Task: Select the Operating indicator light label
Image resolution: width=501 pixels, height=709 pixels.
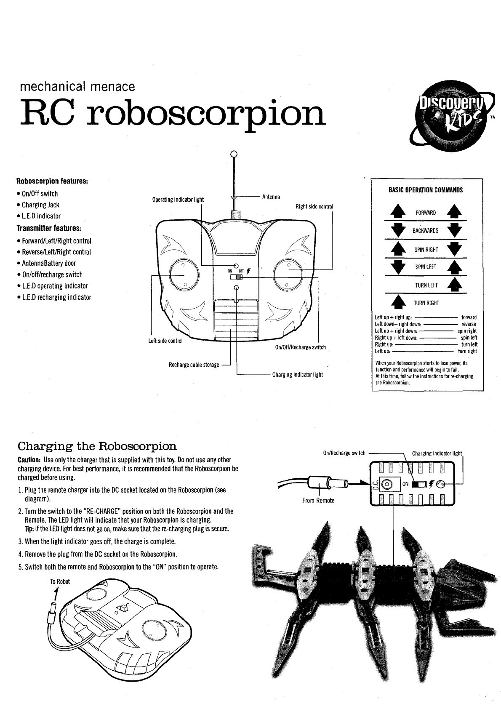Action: (x=178, y=199)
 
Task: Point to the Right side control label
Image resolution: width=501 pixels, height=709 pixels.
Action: (x=314, y=206)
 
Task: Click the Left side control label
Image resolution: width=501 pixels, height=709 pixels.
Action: (x=165, y=341)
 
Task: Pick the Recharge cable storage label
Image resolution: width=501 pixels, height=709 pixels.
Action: (x=194, y=365)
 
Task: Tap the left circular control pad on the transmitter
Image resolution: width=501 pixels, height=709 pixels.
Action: (x=184, y=275)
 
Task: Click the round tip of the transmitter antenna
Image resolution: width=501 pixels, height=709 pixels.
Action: (x=235, y=153)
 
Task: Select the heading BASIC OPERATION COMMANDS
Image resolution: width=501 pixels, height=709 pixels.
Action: (x=426, y=190)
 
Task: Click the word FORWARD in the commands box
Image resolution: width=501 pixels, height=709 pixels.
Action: (x=426, y=213)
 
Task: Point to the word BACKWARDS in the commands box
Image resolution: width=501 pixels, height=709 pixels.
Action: (x=425, y=231)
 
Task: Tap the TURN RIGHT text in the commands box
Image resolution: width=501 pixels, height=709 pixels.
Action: (x=426, y=303)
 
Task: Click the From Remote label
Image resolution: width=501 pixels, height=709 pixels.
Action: (x=318, y=501)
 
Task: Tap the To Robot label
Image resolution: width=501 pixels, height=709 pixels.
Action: (x=60, y=581)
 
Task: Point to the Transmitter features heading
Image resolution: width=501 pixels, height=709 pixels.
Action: (x=48, y=228)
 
